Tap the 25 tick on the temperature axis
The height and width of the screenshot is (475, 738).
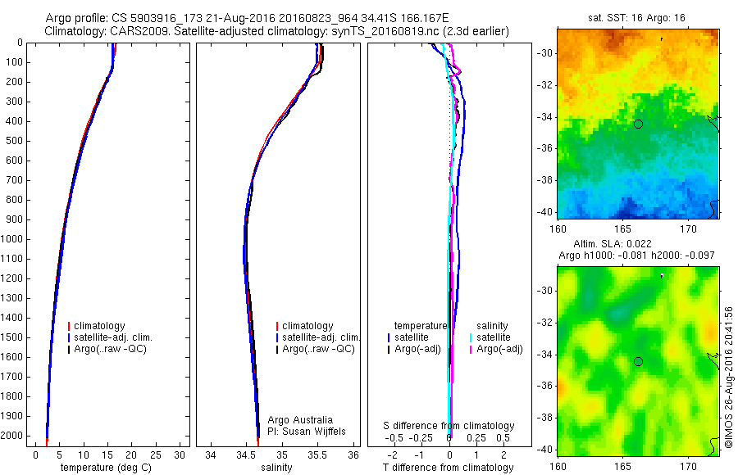coord(156,454)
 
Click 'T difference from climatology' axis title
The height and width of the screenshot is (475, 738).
coord(448,468)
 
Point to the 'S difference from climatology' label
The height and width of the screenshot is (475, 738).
coord(449,426)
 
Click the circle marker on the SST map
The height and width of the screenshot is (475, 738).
coord(638,124)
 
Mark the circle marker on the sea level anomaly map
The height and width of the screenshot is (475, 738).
coord(638,361)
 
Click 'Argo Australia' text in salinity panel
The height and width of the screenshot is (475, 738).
coord(301,420)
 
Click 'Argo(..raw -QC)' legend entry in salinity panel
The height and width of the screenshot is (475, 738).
coord(318,349)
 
